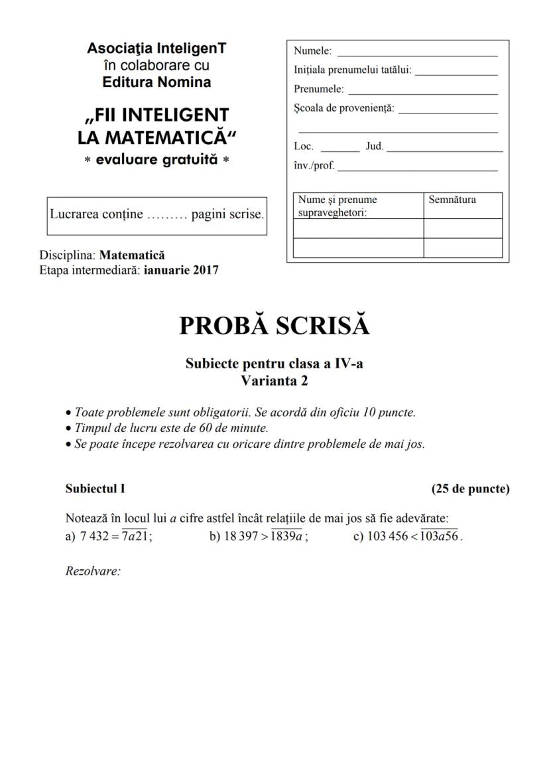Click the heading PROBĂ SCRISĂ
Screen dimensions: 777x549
[274, 326]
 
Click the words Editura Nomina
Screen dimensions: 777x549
[157, 82]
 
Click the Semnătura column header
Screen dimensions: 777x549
[452, 200]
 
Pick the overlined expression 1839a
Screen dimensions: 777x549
[288, 537]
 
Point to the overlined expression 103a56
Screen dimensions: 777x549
[440, 537]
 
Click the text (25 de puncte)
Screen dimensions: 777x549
[470, 489]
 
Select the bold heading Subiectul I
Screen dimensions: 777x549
[95, 489]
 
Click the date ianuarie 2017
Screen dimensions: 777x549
[181, 269]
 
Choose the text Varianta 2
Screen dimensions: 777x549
[274, 381]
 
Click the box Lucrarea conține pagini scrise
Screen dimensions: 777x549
[157, 216]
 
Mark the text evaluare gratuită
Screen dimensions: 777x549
[157, 161]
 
